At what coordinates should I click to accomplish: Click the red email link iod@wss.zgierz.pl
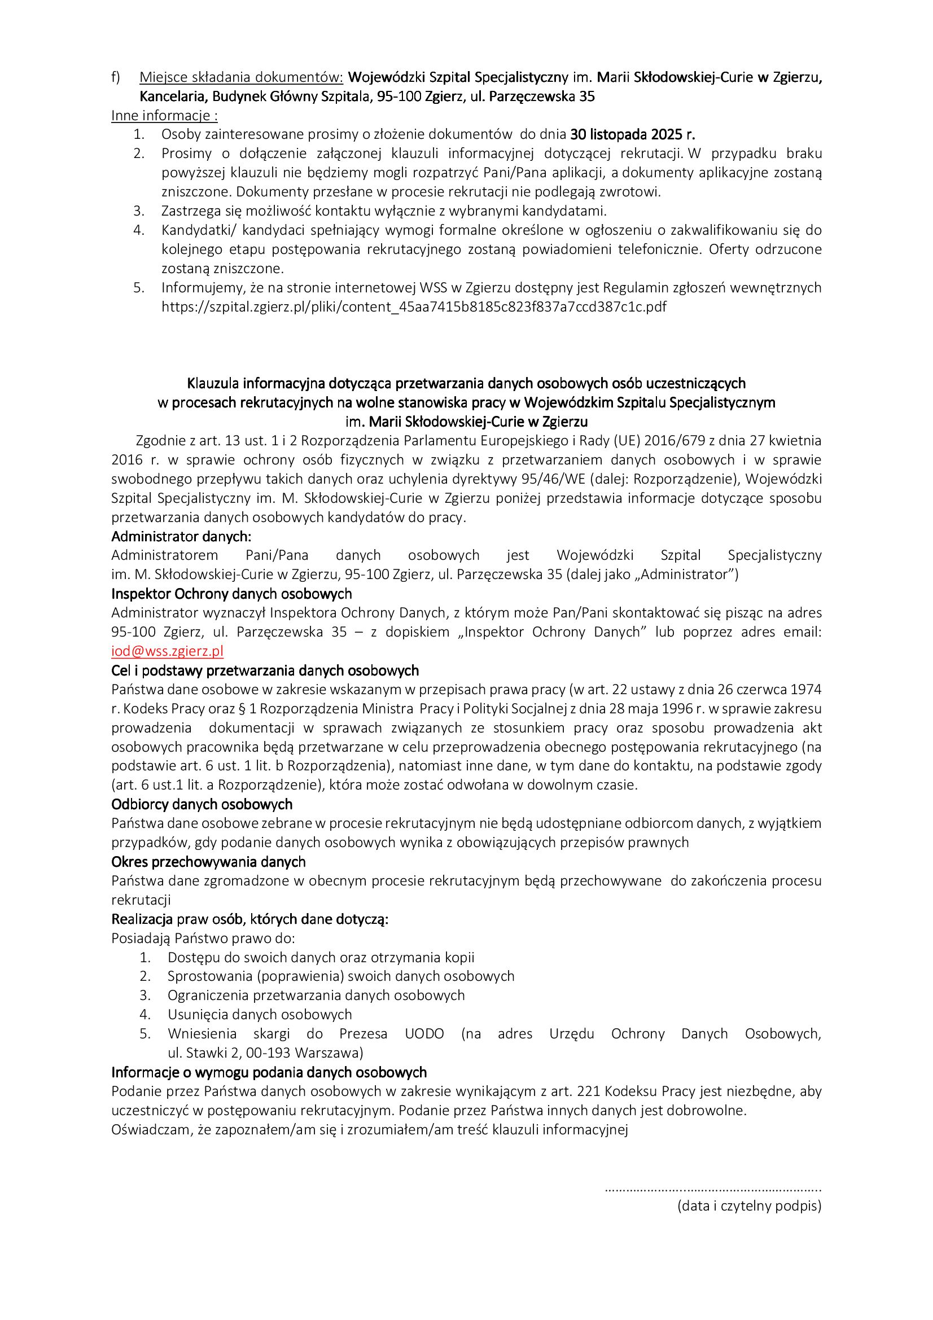167,651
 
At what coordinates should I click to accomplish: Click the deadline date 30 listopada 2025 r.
632,135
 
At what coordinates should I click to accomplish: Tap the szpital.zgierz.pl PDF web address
414,307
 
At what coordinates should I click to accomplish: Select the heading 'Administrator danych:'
181,536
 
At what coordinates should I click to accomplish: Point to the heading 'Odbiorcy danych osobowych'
202,804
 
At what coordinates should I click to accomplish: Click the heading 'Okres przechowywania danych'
208,862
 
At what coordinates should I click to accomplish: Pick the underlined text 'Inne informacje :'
164,116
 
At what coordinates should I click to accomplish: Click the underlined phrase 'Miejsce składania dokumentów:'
241,77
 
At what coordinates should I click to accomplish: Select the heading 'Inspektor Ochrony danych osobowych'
231,593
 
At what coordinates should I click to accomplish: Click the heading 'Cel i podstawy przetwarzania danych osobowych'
265,670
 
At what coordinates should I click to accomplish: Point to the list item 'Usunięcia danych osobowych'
260,1015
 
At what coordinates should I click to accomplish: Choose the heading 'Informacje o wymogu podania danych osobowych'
269,1072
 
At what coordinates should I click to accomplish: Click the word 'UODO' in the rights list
424,1034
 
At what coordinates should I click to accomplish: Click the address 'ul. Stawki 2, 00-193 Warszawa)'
266,1053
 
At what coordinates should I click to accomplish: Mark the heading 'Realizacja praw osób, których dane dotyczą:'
250,919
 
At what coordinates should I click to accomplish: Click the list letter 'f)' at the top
116,77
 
